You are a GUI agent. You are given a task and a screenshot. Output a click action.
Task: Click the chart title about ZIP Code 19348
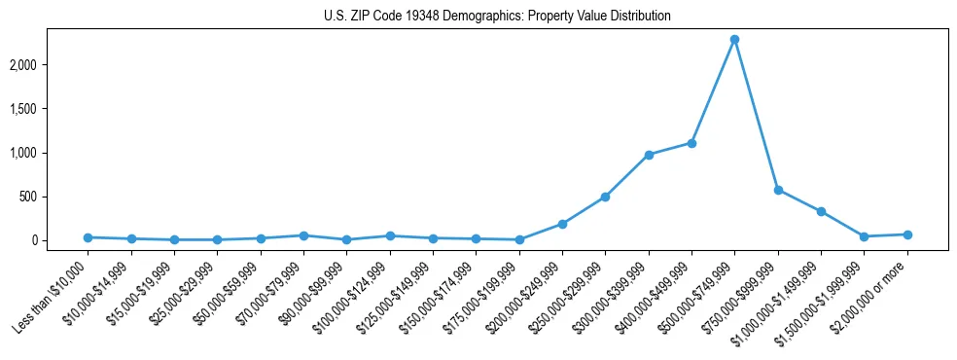(497, 17)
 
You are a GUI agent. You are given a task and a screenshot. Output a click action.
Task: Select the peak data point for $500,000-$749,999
(734, 40)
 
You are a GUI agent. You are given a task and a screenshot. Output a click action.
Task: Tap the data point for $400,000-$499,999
(691, 143)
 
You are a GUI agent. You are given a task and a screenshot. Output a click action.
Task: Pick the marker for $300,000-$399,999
(649, 155)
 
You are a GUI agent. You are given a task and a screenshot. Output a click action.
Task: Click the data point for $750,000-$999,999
(778, 190)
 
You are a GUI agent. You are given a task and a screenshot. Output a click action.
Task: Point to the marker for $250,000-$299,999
(605, 197)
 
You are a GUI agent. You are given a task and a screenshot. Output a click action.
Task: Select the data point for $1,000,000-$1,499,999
(821, 211)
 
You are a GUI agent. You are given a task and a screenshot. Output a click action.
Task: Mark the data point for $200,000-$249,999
(562, 224)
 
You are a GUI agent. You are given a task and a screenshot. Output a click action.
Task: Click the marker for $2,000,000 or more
(907, 234)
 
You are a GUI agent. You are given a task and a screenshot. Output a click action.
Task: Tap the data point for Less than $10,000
(89, 237)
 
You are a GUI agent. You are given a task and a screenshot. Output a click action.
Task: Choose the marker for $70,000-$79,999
(303, 235)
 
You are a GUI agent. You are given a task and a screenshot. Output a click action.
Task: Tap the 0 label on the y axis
(61, 240)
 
